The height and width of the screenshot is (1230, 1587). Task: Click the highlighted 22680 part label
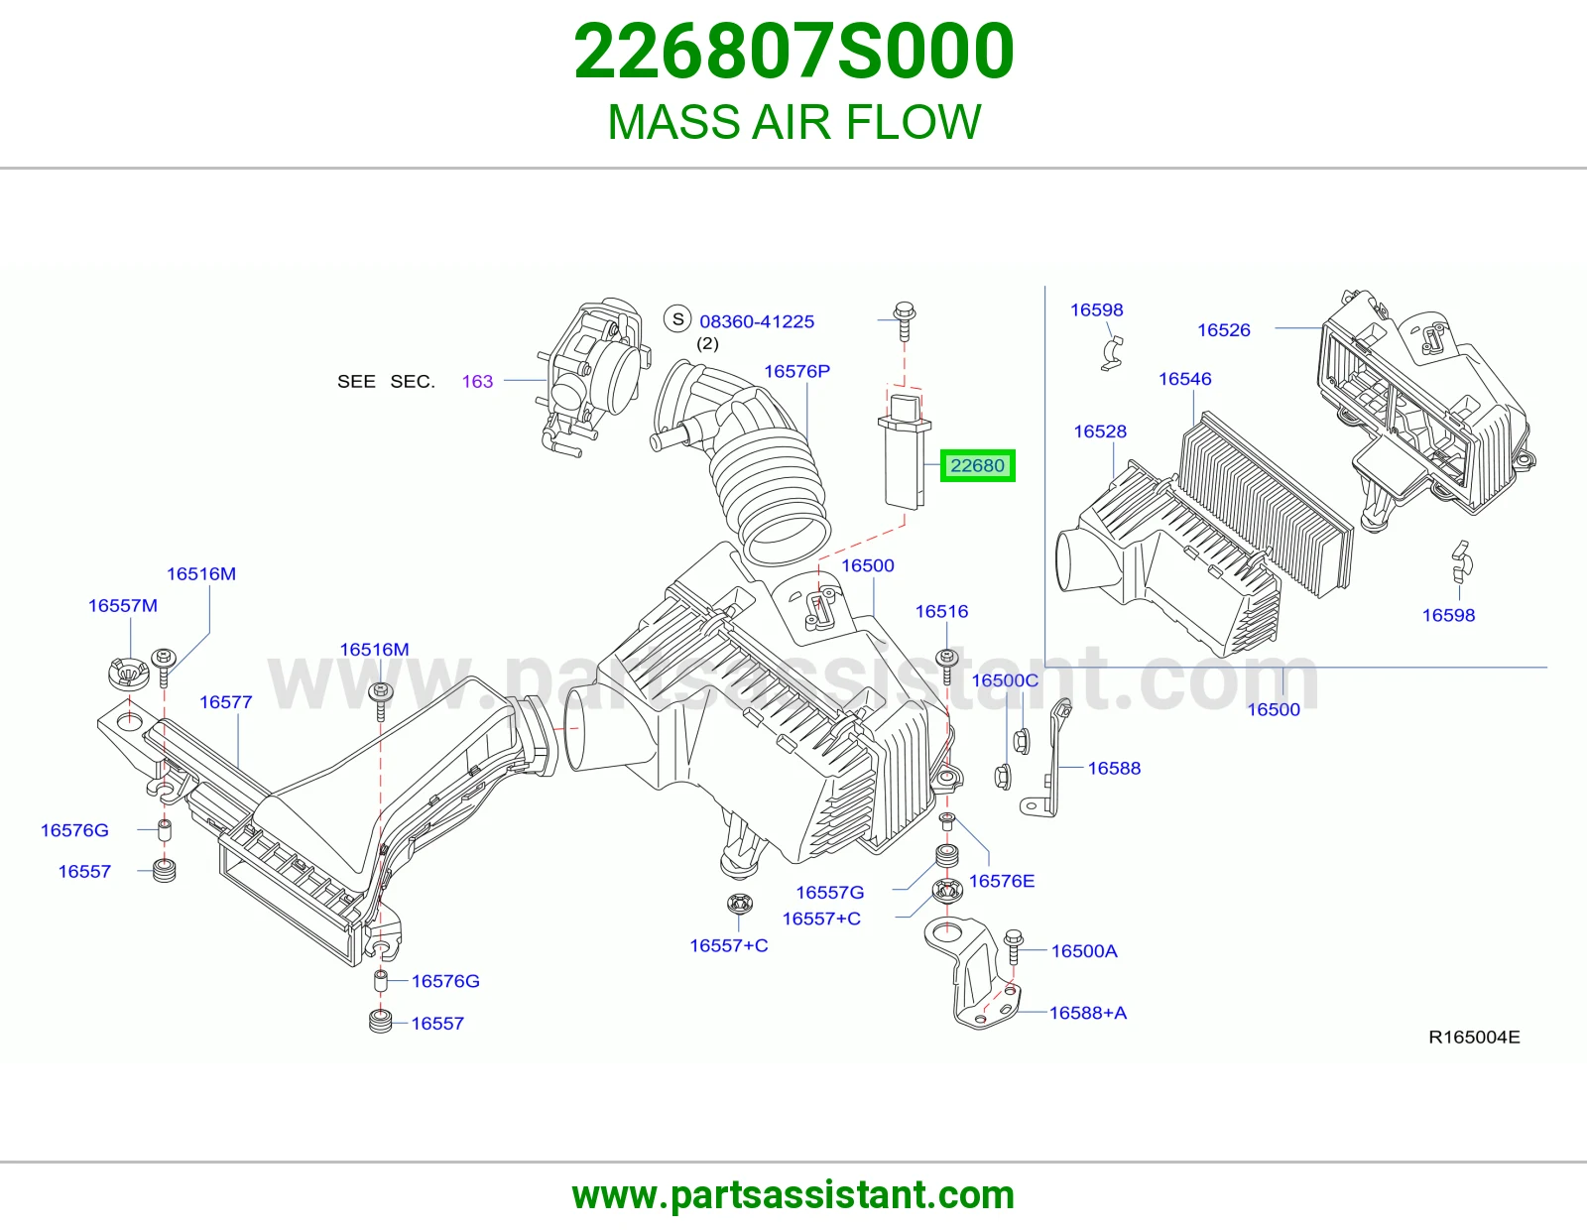[x=977, y=466]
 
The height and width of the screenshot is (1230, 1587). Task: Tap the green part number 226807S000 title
[x=793, y=52]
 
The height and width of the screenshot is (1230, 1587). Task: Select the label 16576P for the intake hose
[x=796, y=371]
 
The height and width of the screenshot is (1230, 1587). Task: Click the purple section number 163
[x=477, y=381]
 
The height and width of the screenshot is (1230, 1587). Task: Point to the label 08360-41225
[x=757, y=321]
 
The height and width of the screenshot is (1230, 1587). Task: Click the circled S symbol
[x=677, y=319]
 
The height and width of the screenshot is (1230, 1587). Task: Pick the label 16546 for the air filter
[x=1184, y=379]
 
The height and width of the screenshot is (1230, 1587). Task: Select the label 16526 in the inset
[x=1223, y=330]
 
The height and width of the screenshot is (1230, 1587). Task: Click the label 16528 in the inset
[x=1100, y=431]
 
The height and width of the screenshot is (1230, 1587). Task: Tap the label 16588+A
[x=1088, y=1013]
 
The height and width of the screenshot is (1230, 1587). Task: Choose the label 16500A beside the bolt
[x=1084, y=951]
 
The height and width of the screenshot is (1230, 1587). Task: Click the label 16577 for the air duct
[x=226, y=702]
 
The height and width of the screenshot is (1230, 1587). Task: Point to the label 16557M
[x=123, y=605]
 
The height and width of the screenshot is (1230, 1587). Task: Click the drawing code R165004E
[x=1474, y=1038]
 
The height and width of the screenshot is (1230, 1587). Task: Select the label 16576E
[x=1002, y=881]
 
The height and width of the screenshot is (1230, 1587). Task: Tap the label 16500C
[x=1004, y=680]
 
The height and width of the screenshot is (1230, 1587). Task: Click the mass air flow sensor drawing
[x=905, y=450]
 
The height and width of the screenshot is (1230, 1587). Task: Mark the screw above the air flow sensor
[x=905, y=320]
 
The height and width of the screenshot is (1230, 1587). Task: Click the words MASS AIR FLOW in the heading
[x=793, y=122]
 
